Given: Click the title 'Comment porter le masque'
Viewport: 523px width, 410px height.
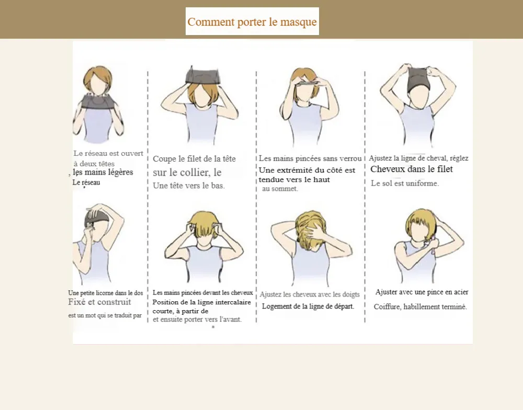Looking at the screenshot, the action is [x=252, y=22].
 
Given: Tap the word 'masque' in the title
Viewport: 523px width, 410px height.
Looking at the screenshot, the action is [x=299, y=22].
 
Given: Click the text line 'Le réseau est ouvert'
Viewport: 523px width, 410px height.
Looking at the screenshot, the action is [x=108, y=153].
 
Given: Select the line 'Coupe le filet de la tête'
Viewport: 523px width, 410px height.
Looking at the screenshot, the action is [x=194, y=159].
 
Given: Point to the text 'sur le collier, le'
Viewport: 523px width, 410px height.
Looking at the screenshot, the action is [x=187, y=172].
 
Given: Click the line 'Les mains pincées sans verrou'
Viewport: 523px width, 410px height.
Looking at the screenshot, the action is [x=310, y=158].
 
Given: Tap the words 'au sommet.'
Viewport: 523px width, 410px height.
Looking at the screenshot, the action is [x=280, y=189].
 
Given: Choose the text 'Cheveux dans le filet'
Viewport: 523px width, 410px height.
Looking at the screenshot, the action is [x=412, y=169].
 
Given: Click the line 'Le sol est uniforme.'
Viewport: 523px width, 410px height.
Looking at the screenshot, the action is [x=405, y=183].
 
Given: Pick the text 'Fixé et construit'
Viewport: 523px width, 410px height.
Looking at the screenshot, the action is [x=100, y=302].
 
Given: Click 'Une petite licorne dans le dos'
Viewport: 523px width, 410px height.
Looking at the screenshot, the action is [x=106, y=293].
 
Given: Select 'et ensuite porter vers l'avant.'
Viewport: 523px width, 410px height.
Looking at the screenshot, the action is [x=197, y=319].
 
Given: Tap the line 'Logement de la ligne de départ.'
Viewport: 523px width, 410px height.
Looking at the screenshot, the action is [x=308, y=306].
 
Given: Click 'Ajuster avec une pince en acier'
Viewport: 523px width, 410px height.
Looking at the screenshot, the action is [x=422, y=292].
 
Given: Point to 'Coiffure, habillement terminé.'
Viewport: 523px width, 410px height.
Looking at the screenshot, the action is [x=420, y=306].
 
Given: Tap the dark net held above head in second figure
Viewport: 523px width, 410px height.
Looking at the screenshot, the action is [x=203, y=75].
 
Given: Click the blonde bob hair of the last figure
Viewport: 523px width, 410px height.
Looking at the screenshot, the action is [x=421, y=223].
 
